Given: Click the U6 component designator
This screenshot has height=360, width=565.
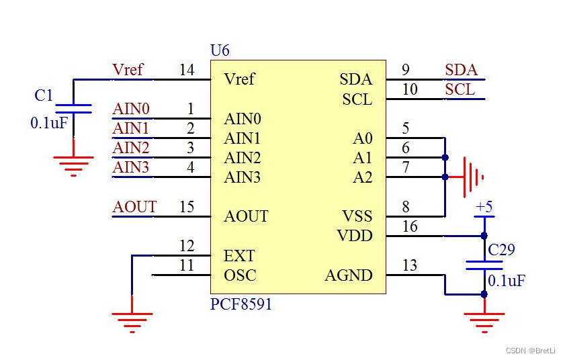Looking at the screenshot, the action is [x=220, y=50].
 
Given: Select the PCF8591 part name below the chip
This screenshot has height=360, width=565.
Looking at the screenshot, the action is [x=241, y=304].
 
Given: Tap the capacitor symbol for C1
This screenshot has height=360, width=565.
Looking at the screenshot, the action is [x=73, y=109].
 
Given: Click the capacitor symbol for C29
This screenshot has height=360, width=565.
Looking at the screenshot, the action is [x=484, y=265].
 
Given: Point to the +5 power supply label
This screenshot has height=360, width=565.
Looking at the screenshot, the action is [x=484, y=207].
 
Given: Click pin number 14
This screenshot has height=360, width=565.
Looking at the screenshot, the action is [x=187, y=70].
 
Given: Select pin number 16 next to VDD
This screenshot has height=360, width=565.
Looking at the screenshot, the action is [x=410, y=226].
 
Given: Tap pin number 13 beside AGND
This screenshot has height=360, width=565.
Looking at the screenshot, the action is [x=410, y=265].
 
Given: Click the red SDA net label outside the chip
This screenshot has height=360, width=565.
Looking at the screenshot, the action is [x=462, y=70].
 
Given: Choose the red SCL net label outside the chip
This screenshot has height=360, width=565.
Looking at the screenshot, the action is [x=460, y=89].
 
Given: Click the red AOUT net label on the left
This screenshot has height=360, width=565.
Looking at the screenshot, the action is [x=134, y=207].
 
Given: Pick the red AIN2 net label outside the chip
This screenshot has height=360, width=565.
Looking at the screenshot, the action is [x=131, y=148].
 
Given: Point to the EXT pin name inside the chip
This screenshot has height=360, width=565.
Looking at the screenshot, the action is [x=239, y=256].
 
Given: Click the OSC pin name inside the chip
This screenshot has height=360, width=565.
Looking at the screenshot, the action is [x=240, y=275].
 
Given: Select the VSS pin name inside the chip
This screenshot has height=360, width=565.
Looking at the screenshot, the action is [x=357, y=216].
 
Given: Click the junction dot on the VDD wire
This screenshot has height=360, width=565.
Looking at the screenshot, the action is [x=484, y=236].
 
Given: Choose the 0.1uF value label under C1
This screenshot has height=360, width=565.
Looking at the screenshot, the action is [x=49, y=123].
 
